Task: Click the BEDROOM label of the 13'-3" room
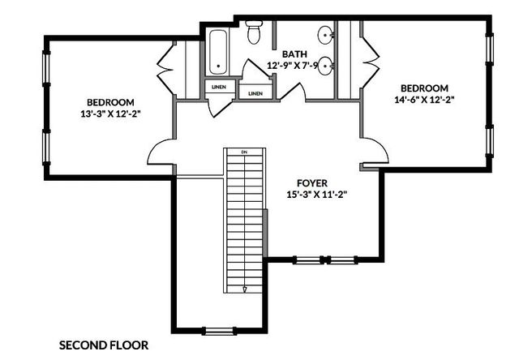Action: click(x=110, y=101)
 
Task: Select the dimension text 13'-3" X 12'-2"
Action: click(x=110, y=114)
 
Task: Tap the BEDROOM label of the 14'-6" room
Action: click(x=424, y=88)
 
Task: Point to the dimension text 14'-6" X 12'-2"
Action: click(x=424, y=100)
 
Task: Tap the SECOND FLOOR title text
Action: click(x=104, y=345)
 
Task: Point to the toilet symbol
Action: click(x=253, y=32)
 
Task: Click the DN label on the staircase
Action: click(x=243, y=152)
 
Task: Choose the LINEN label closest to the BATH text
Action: click(x=255, y=93)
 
